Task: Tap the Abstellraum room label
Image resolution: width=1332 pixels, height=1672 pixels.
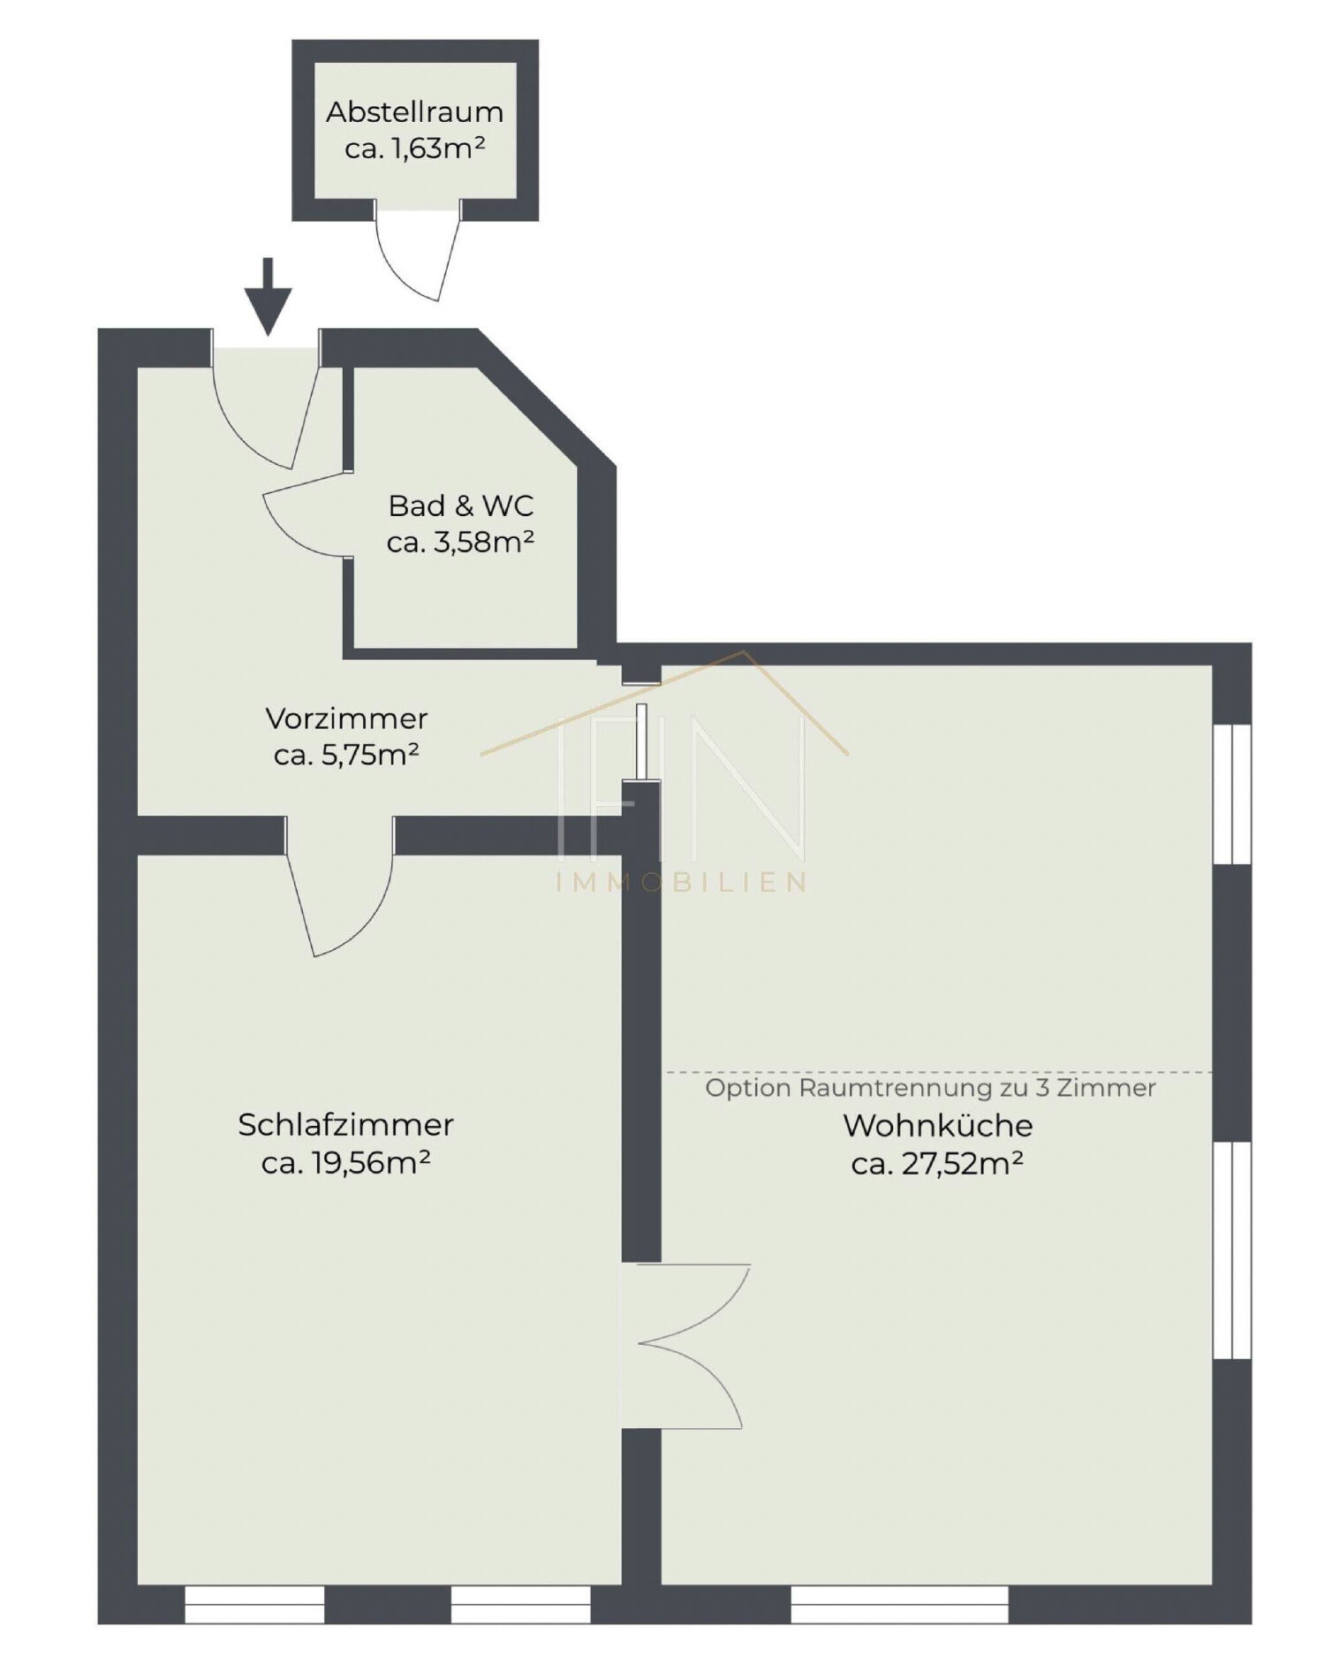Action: [415, 112]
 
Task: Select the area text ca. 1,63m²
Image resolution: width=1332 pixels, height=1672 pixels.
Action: [415, 148]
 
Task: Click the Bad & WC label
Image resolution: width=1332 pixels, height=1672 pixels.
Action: [461, 506]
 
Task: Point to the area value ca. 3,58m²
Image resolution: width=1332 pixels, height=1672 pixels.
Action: [460, 542]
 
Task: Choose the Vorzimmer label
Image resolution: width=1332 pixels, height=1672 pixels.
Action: [346, 718]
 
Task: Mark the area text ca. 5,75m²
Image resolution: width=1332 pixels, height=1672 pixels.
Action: [346, 755]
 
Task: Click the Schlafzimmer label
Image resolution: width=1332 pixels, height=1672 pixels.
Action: [345, 1125]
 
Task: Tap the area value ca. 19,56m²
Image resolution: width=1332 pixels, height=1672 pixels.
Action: [345, 1163]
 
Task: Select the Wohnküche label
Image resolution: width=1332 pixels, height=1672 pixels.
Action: [938, 1126]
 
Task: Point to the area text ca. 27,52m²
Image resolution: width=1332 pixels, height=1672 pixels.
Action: [937, 1164]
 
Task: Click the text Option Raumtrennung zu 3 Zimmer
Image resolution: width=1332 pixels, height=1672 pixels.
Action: [930, 1088]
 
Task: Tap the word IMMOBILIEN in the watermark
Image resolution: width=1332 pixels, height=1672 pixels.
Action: [682, 882]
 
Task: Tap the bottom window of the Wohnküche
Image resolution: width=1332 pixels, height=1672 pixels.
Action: [899, 1604]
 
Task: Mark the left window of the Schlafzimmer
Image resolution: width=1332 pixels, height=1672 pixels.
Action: [254, 1604]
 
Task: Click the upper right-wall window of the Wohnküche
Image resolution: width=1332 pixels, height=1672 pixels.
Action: [1232, 793]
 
